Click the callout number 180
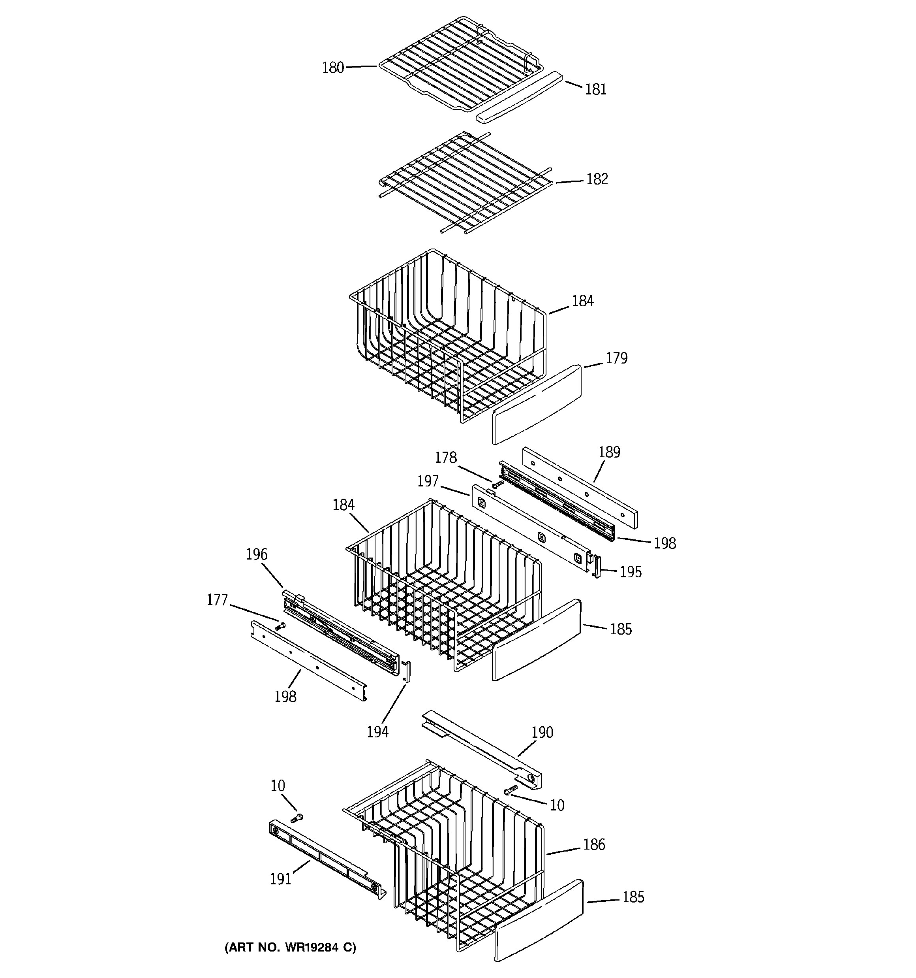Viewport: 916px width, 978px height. [x=333, y=68]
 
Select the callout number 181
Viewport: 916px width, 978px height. [x=595, y=90]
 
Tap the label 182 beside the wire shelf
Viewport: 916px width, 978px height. [x=597, y=179]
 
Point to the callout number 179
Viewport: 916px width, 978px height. [x=616, y=358]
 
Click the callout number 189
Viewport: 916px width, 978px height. [x=609, y=452]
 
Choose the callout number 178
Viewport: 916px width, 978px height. [x=445, y=458]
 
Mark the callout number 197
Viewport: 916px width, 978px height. [x=427, y=481]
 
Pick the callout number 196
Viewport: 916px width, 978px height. [x=256, y=554]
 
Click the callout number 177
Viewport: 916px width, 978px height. [x=217, y=600]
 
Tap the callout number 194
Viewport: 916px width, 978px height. [x=377, y=732]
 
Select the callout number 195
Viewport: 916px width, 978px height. [x=630, y=572]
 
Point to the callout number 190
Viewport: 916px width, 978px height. [x=542, y=733]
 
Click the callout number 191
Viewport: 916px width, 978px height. [x=280, y=879]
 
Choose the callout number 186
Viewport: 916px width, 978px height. [x=593, y=845]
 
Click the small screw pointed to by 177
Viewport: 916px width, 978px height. [x=281, y=626]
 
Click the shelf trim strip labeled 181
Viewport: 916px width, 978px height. [x=519, y=97]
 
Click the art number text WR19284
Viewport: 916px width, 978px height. [x=290, y=947]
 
